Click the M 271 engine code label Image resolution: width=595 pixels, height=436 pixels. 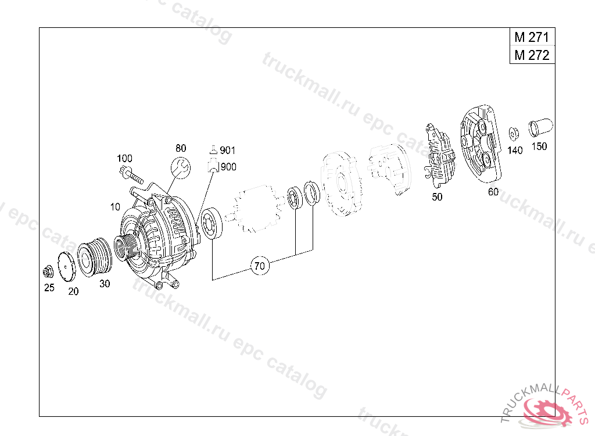532,37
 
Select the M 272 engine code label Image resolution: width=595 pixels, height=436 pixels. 532,55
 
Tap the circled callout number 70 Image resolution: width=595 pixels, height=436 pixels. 260,266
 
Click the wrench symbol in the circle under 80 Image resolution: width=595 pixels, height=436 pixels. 181,168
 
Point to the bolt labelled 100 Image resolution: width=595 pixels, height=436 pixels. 131,175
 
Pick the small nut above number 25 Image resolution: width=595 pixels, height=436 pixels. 48,271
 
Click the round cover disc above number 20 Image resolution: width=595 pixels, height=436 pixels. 67,267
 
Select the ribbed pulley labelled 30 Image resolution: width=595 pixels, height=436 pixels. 95,257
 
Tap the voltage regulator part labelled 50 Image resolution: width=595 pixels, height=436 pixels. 439,156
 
